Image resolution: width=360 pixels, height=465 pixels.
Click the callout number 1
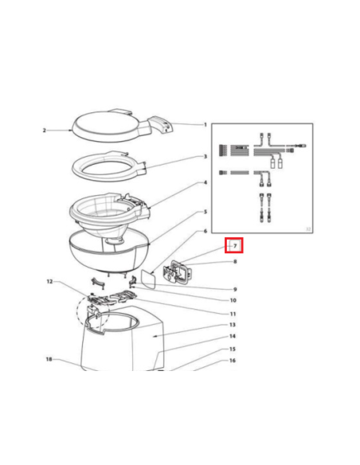coord(205,124)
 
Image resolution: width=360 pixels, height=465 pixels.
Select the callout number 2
coord(44,131)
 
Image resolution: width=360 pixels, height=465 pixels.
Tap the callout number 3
coord(205,156)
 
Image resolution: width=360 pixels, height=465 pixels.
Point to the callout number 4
coord(205,182)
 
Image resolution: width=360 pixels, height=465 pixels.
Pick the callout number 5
coord(205,212)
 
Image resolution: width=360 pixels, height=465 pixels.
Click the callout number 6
coord(205,231)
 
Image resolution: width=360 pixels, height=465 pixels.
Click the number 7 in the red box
coord(235,246)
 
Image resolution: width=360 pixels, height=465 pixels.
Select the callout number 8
coord(235,261)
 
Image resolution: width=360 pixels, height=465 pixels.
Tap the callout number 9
coord(235,289)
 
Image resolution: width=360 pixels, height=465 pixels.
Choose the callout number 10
coord(233,300)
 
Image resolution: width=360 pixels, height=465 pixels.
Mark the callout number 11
coord(233,314)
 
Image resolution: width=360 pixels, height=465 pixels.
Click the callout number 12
coord(49,281)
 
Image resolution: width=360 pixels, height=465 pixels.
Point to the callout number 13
coord(233,325)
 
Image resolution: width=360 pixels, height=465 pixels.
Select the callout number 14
coord(233,336)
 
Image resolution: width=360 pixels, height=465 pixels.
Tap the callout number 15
coord(233,349)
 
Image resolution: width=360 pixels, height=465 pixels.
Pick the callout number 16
coord(233,361)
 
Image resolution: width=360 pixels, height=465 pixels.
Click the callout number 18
coord(49,359)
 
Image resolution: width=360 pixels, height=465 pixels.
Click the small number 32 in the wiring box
coord(308,229)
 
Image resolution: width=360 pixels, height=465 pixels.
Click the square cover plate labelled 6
coord(148,278)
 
